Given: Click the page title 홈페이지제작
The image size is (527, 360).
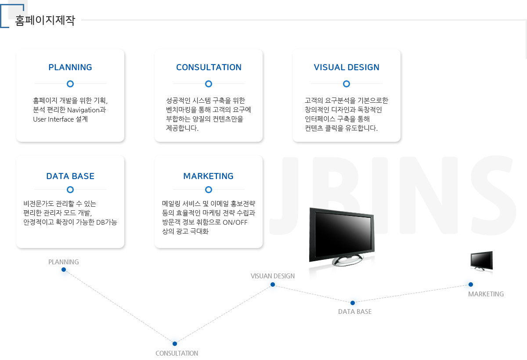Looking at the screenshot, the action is click(45, 20).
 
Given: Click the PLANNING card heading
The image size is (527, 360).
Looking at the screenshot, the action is click(70, 67).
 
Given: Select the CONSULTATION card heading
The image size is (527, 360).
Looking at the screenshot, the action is click(209, 67).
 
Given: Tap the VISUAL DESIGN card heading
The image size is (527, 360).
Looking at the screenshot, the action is click(347, 67).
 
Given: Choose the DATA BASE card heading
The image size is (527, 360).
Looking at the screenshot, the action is click(70, 176).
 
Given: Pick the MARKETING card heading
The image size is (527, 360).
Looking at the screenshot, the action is click(209, 176).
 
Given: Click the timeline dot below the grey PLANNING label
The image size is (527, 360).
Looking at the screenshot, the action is click(64, 270).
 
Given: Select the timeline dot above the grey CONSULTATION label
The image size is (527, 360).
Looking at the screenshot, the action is click(175, 344).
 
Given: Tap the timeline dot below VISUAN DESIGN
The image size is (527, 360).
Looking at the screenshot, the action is click(273, 284).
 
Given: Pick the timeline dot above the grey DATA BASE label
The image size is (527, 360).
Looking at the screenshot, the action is click(352, 303).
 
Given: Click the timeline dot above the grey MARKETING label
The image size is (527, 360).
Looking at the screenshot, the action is click(470, 284).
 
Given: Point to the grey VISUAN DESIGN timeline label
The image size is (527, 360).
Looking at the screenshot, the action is click(273, 276).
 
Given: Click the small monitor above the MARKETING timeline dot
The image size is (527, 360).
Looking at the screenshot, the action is click(482, 261).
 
